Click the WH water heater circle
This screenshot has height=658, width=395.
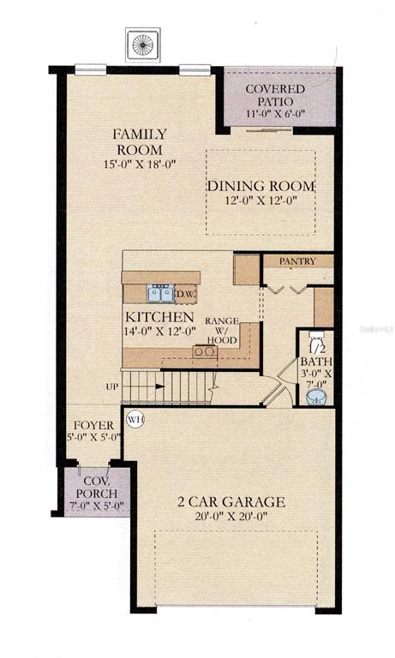tap(135, 419)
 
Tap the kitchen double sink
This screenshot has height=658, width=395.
tap(160, 293)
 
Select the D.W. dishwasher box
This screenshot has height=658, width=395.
tap(185, 293)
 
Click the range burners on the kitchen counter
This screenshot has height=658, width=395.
tap(206, 351)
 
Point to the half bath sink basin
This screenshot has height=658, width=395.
tap(316, 397)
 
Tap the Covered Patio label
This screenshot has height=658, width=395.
tap(275, 95)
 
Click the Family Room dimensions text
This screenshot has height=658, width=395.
tap(140, 164)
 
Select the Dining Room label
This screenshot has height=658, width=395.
tap(260, 186)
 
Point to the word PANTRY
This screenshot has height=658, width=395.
tap(297, 261)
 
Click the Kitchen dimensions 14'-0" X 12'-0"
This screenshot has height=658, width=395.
tap(160, 331)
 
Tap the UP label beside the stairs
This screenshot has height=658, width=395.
tap(111, 386)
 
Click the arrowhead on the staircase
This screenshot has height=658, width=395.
tap(160, 386)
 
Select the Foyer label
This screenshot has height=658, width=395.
tap(93, 425)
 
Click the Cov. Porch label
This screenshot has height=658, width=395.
tap(97, 488)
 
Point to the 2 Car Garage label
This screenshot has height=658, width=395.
tap(231, 502)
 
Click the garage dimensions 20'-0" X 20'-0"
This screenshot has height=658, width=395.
tap(231, 516)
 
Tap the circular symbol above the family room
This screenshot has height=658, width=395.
tap(143, 45)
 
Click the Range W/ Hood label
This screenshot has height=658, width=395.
tap(222, 331)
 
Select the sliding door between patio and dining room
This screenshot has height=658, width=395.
tap(269, 130)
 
